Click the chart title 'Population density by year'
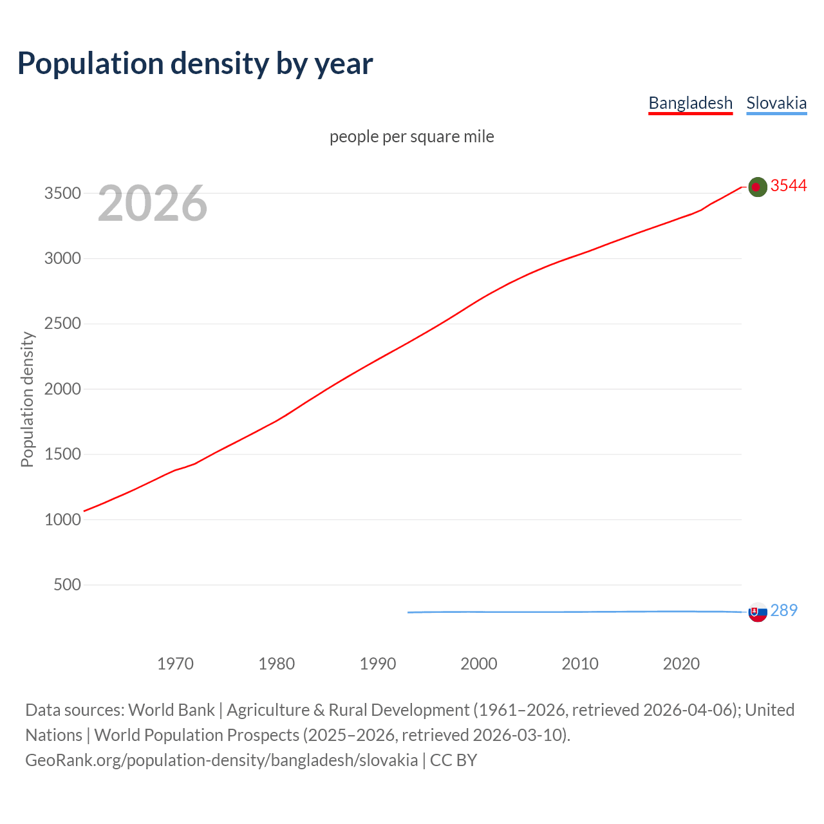coord(195,63)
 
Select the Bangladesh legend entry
coord(690,103)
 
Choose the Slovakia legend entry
coord(776,103)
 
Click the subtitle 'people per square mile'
coord(412,136)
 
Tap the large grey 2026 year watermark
coord(153,203)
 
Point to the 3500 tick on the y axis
coord(62,193)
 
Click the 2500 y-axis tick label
coord(62,323)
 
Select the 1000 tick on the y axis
coord(62,520)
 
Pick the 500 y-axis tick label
coord(67,585)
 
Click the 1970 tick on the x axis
coord(175,664)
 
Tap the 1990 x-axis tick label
coord(378,664)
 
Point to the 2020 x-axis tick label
coord(681,664)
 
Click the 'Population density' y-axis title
coord(27,399)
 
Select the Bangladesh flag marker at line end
coord(758,187)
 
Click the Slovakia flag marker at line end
coord(758,612)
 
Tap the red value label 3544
coord(789,185)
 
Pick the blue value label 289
coord(783,610)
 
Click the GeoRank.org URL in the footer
coord(221,760)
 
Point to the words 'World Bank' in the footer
coord(171,710)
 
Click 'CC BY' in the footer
coord(453,760)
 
